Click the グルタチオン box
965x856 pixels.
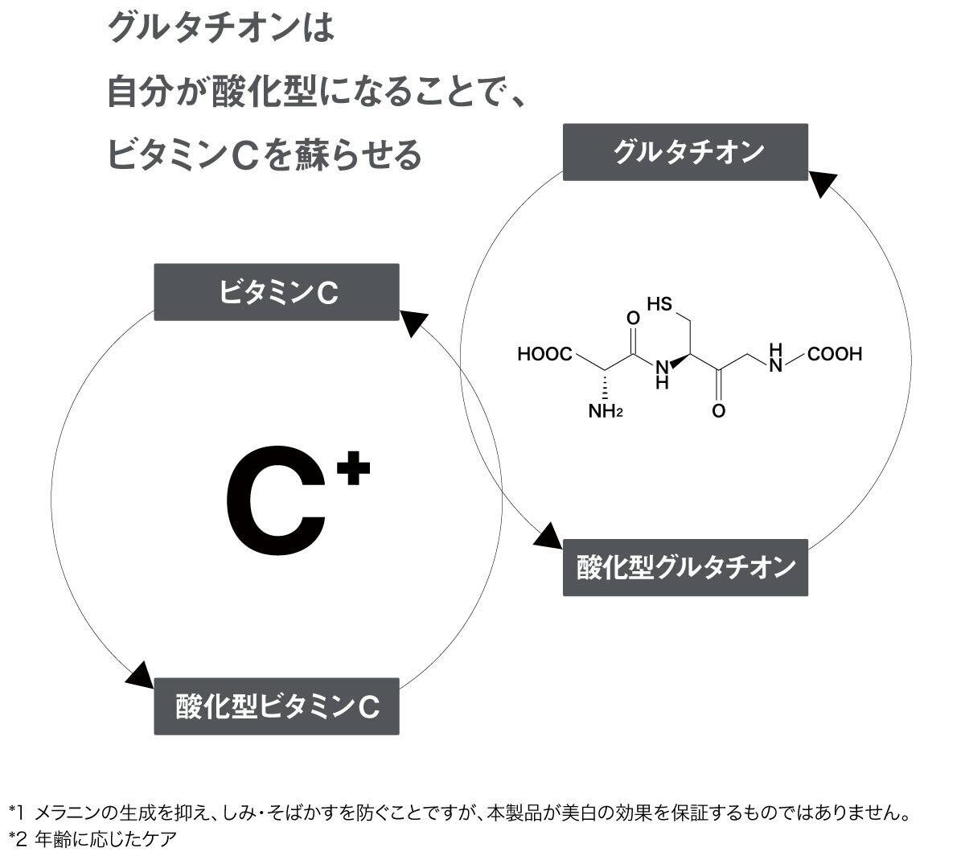(684, 151)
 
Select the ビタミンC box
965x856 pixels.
(277, 292)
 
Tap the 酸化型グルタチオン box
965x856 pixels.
(685, 567)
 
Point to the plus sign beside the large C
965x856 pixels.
(353, 471)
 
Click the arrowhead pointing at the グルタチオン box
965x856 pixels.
(820, 183)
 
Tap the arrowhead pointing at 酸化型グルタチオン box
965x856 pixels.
(548, 537)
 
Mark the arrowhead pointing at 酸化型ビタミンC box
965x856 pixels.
(140, 675)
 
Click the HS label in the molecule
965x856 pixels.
(659, 304)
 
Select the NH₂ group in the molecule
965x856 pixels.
(606, 412)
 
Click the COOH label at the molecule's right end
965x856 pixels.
(835, 354)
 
